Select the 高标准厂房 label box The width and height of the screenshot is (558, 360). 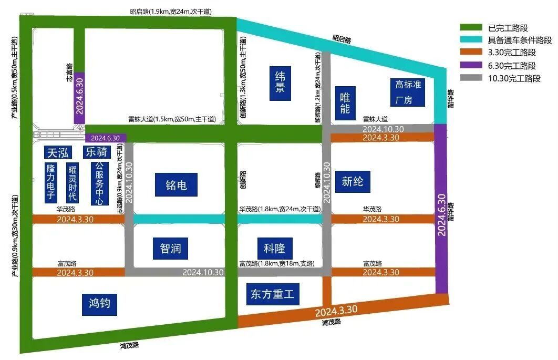point(408,92)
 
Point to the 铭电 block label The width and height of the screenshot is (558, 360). point(176,184)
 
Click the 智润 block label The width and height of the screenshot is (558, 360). point(170,247)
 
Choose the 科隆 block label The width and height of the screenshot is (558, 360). point(275,248)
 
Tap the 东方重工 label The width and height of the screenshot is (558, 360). point(272,294)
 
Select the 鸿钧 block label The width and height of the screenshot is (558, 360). point(99,304)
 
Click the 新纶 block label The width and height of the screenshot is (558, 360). point(352,182)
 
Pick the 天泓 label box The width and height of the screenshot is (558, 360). point(59,152)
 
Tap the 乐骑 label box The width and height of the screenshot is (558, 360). point(97,152)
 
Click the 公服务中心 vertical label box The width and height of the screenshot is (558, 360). point(98,182)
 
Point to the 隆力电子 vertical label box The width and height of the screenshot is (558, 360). point(51,182)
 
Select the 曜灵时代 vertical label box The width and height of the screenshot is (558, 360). point(72,183)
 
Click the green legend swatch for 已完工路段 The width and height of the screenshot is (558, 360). point(471,28)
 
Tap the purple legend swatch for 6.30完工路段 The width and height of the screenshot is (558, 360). point(471,66)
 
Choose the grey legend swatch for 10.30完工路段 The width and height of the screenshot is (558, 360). point(471,79)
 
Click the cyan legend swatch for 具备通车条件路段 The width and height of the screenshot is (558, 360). point(471,40)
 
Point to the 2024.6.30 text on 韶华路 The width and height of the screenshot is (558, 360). point(441,214)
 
